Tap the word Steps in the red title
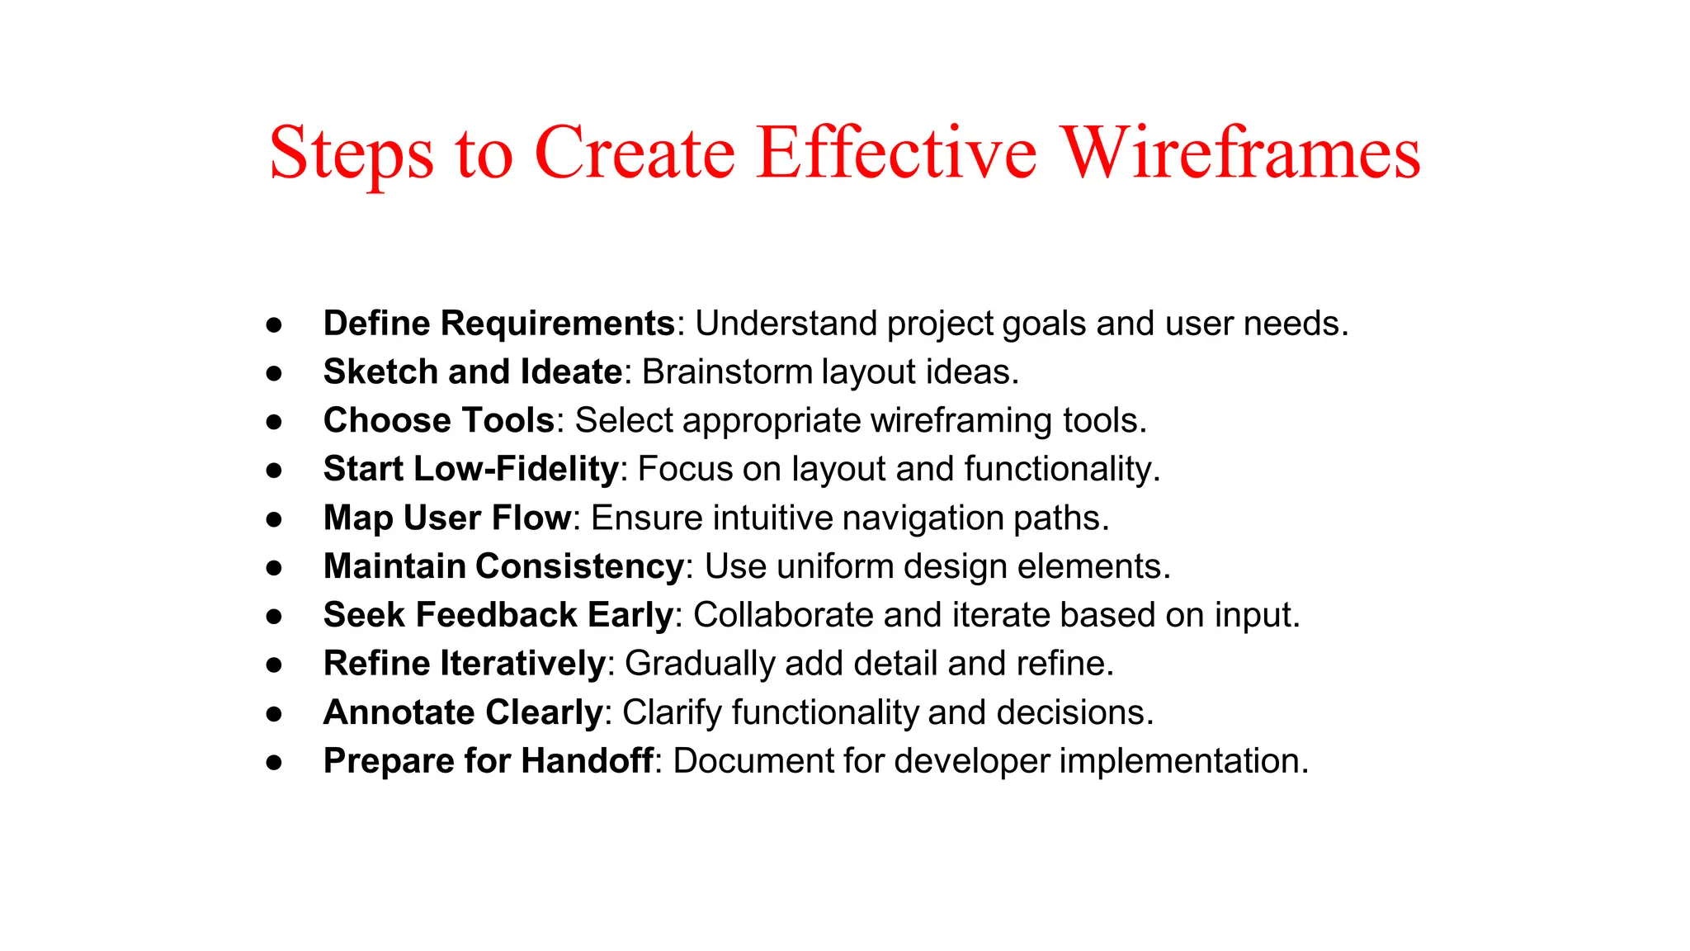click(351, 154)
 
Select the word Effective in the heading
click(896, 154)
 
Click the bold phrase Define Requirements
click(499, 324)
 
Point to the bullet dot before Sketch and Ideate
click(274, 373)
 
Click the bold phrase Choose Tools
click(438, 421)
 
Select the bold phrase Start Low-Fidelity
click(470, 470)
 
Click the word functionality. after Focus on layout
click(1062, 470)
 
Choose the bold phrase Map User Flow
click(446, 518)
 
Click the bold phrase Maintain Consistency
click(503, 567)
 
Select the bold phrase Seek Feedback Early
click(498, 616)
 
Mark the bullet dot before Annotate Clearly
click(274, 713)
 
